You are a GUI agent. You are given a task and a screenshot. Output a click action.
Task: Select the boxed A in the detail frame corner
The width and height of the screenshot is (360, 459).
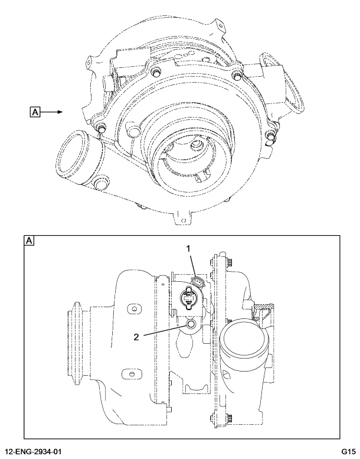[29, 241]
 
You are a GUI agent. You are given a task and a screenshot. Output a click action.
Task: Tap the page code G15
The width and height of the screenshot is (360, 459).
[348, 452]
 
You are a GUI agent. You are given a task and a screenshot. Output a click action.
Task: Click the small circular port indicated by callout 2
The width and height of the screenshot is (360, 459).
[191, 325]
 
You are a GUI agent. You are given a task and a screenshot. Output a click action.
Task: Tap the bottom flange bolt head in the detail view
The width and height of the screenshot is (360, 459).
[227, 418]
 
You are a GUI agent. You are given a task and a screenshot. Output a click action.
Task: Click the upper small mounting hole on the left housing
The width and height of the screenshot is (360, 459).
[133, 309]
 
